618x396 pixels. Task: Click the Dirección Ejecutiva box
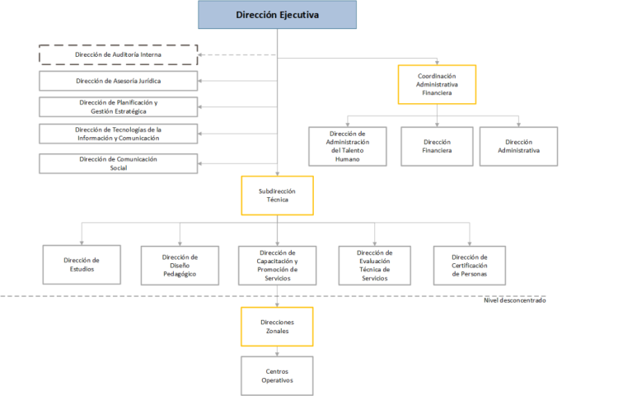[x=277, y=15]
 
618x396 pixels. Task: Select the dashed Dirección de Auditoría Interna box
[x=118, y=54]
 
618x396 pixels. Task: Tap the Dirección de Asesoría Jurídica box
[x=118, y=81]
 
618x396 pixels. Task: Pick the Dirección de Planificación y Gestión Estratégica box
[x=118, y=107]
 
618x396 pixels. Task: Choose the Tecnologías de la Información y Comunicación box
[x=118, y=134]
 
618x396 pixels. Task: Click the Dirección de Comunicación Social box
[x=118, y=163]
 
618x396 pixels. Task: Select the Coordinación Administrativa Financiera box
[x=437, y=84]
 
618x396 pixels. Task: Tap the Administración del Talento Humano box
[x=348, y=146]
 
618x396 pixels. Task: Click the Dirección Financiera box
[x=437, y=146]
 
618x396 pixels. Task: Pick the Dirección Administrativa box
[x=518, y=146]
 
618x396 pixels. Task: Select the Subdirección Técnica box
[x=278, y=196]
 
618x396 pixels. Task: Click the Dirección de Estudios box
[x=82, y=265]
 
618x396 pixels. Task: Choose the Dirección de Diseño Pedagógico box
[x=180, y=266]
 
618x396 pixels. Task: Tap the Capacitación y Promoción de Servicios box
[x=278, y=266]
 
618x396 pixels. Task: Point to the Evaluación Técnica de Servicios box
[x=375, y=266]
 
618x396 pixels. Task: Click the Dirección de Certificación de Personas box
[x=470, y=266]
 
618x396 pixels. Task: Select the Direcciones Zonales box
[x=277, y=327]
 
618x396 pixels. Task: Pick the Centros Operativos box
[x=277, y=376]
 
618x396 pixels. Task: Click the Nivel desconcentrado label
[x=515, y=300]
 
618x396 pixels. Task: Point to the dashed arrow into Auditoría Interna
[x=237, y=54]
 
